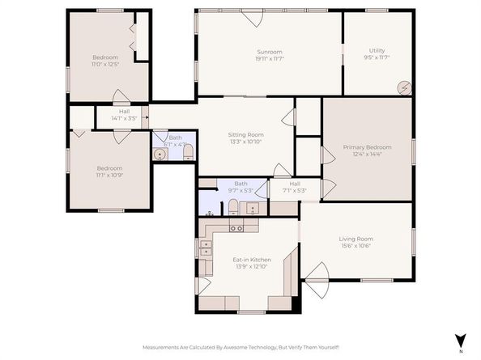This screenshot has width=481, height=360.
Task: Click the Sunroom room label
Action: tap(269, 54)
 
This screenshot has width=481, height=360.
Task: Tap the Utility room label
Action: tap(377, 54)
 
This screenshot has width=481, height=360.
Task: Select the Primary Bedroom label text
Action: tap(367, 151)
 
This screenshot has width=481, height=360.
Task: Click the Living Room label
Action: tap(355, 243)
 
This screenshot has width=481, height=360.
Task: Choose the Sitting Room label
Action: tap(245, 138)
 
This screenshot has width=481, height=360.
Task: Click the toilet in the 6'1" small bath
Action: tap(186, 153)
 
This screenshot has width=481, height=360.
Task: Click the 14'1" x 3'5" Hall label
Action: tap(124, 116)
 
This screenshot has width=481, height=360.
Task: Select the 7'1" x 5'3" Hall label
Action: tap(295, 188)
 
